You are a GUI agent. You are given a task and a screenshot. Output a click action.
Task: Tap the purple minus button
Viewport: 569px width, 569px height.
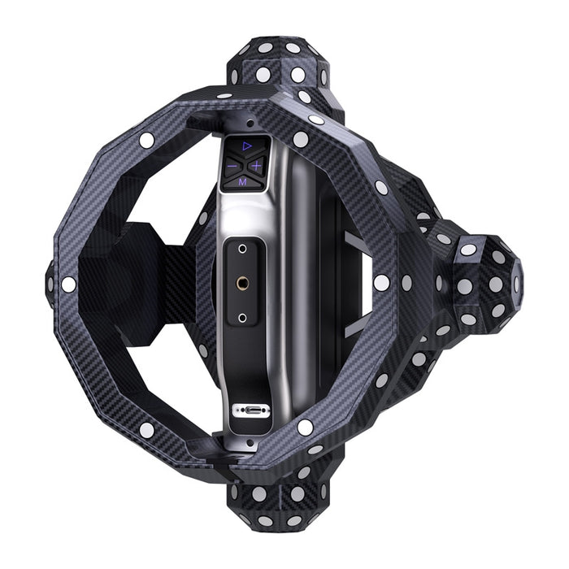point(230,166)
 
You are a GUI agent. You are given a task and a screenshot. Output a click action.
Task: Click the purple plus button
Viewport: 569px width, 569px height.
point(256,166)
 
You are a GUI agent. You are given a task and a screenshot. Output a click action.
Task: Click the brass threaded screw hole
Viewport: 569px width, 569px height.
point(242,282)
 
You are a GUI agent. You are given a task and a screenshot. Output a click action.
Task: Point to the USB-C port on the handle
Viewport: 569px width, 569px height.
point(245,410)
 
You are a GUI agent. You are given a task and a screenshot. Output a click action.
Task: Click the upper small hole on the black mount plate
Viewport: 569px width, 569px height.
point(242,248)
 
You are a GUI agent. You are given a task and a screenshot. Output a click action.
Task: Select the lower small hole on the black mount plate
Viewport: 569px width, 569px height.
point(242,316)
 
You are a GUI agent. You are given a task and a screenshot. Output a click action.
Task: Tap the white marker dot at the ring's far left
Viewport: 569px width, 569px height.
point(68,284)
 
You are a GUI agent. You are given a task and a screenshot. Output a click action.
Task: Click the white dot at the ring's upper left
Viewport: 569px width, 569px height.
point(146,140)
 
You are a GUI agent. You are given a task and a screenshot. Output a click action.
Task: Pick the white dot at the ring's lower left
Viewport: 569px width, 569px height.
point(146,428)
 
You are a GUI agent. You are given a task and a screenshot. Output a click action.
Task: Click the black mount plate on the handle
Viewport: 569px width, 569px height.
point(242,282)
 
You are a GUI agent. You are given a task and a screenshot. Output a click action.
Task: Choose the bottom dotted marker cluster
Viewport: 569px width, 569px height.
point(280,500)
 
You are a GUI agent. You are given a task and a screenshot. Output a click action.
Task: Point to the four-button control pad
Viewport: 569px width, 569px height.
point(243,163)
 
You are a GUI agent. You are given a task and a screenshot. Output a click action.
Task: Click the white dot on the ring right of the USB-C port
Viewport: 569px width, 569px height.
point(305,427)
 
